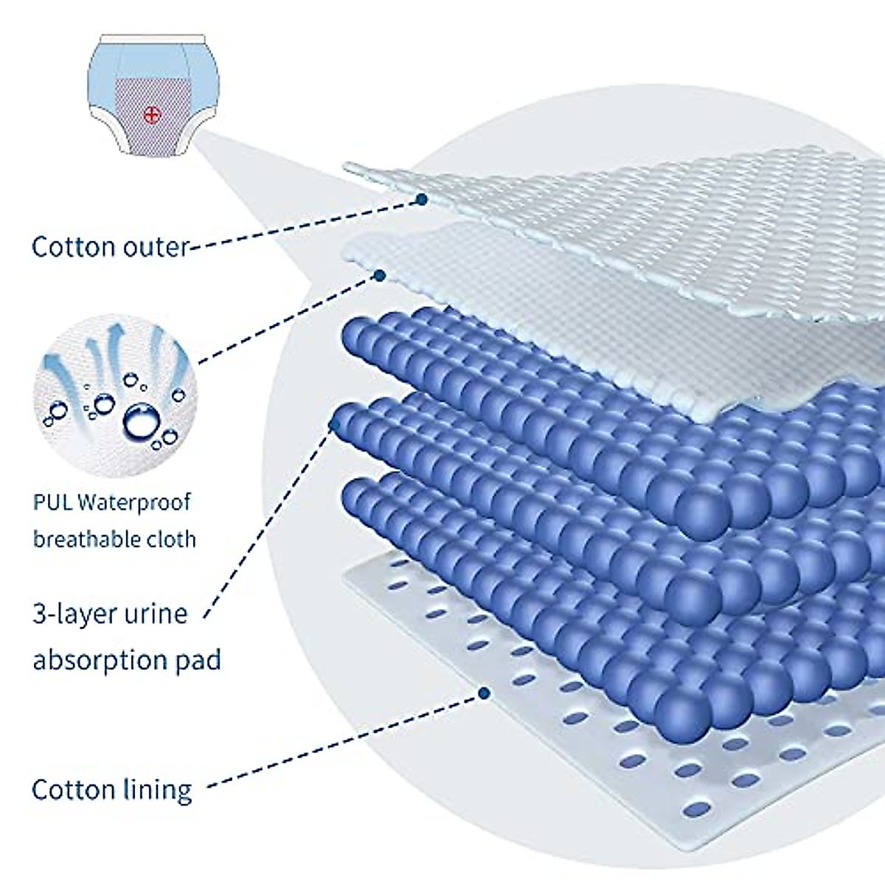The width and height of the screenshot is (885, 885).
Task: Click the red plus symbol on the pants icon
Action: coord(151,114)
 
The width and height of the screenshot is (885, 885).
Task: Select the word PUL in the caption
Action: coord(52,503)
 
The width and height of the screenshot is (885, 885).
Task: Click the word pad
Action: coord(198,659)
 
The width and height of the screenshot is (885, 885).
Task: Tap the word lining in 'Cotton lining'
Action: coord(156,790)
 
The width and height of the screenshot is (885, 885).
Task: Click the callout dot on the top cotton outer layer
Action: coord(422,199)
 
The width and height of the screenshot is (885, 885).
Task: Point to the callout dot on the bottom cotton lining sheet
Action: coord(484,693)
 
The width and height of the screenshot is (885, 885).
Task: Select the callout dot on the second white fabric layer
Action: coord(379,275)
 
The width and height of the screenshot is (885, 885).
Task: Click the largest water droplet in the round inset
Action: coord(141,420)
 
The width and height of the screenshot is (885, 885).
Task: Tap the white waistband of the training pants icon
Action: coord(152,38)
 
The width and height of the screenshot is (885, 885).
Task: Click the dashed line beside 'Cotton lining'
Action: coord(339,742)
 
